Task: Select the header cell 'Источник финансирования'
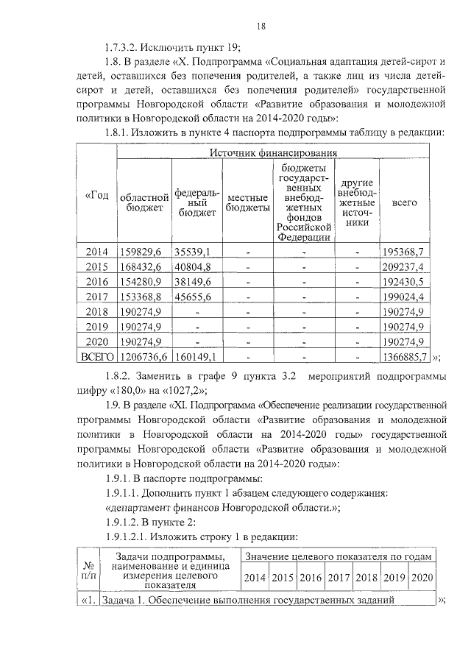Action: click(273, 152)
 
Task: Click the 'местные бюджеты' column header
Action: click(247, 203)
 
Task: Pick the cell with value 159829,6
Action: click(144, 252)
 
